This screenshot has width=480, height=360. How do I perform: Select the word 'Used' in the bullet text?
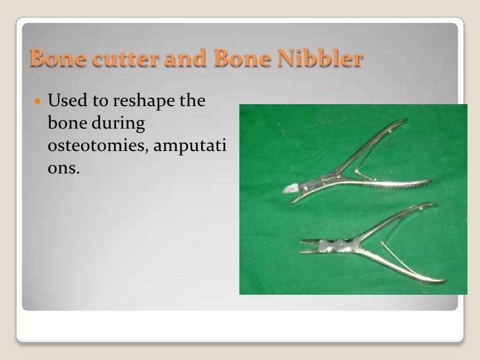point(67,102)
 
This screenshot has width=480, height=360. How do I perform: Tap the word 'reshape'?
point(139,102)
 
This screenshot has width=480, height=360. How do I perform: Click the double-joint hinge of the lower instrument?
point(332,247)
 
